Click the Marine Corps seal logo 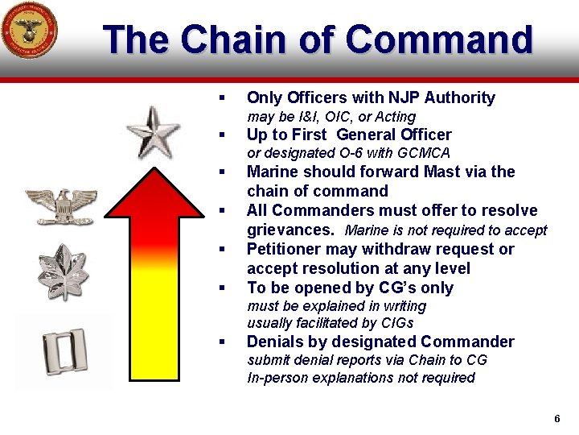[28, 30]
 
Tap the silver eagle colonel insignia [61, 205]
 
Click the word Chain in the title [232, 40]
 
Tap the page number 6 [556, 420]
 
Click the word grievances [290, 230]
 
